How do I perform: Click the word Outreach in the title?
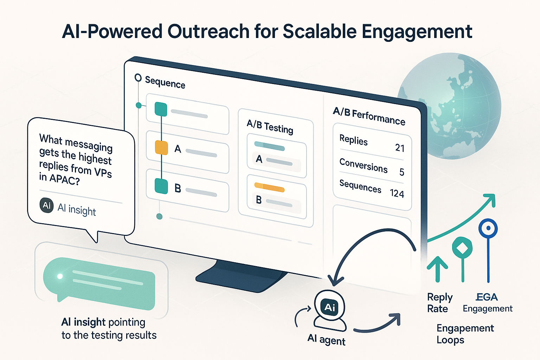coord(208,32)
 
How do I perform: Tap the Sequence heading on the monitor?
coord(165,83)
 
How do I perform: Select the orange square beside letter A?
coord(161,148)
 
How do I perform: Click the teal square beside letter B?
coord(161,186)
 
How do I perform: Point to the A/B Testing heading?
coord(270,127)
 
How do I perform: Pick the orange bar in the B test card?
coord(269,187)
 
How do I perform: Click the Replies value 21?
coord(400,148)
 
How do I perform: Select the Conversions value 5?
coord(402,172)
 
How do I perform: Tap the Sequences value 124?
coord(397,194)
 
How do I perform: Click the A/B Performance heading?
coord(369,116)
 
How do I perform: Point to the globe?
coord(454,105)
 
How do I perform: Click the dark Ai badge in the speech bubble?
coord(47,205)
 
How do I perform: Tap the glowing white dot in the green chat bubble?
coord(60,276)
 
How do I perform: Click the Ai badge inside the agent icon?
coord(329,307)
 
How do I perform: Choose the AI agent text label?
coord(326,340)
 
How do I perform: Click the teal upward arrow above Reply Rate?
coord(437,269)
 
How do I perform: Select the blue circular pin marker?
coord(488,229)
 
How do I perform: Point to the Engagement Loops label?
coord(465,334)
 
